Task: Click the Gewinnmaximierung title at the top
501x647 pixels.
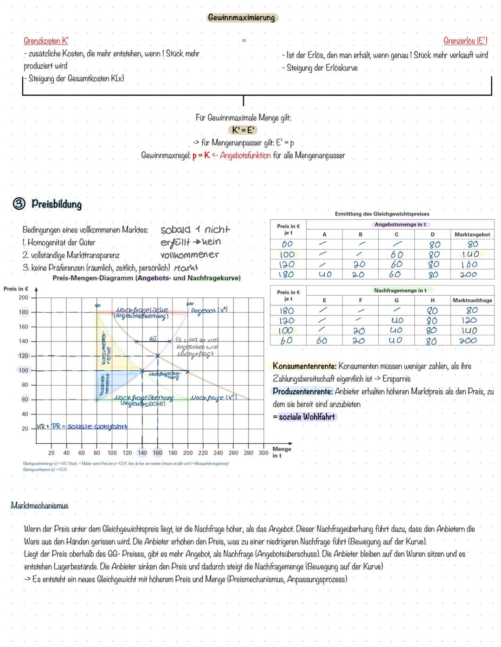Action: tap(241, 18)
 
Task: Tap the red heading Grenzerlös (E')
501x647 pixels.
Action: tap(465, 41)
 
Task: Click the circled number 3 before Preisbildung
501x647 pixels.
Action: tap(19, 204)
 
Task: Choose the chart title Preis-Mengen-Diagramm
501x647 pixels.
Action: tap(93, 278)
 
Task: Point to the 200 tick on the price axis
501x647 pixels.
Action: tap(23, 298)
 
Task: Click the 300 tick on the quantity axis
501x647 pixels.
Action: tap(263, 453)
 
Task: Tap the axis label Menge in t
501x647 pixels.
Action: tap(282, 452)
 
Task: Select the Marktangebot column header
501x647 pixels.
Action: tap(472, 234)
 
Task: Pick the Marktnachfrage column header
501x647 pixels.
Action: tap(472, 300)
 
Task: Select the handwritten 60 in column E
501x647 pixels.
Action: tap(321, 341)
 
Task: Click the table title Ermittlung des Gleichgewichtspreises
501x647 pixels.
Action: tap(382, 214)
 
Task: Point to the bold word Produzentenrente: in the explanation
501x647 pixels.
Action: tap(302, 391)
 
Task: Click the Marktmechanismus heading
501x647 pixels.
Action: tap(39, 505)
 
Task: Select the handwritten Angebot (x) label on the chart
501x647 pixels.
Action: tap(209, 311)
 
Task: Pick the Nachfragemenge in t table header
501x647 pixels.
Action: tap(400, 290)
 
